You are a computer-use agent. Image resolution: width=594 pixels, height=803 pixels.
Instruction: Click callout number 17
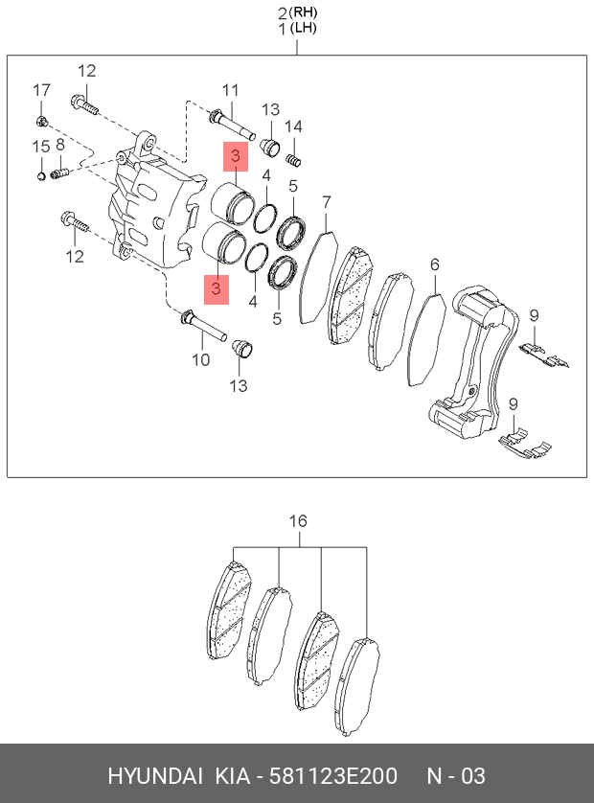[41, 90]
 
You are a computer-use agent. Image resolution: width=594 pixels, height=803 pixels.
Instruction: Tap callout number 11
[229, 90]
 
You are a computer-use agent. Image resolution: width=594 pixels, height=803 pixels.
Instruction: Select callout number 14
[292, 126]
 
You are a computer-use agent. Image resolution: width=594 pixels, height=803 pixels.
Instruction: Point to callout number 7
[326, 202]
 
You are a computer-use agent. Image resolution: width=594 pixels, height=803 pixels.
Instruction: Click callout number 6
[434, 264]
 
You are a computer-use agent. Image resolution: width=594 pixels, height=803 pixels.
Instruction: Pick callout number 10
[200, 360]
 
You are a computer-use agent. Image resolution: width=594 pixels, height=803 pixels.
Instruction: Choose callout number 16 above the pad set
[298, 521]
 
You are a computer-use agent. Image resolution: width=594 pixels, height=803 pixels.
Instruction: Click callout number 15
[41, 146]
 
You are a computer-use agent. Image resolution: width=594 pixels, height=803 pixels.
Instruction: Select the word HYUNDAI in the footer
[153, 775]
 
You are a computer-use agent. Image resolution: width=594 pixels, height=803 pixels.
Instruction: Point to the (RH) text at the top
[305, 12]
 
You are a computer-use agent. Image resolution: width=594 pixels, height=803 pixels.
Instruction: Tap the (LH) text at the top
[305, 29]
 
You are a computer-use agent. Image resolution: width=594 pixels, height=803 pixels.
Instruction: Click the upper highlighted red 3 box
[235, 156]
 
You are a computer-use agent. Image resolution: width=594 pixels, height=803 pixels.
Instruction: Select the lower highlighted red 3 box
[217, 287]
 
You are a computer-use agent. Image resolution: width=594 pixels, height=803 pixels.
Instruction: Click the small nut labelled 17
[41, 121]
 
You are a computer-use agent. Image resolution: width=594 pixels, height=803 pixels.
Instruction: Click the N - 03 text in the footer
[456, 775]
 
